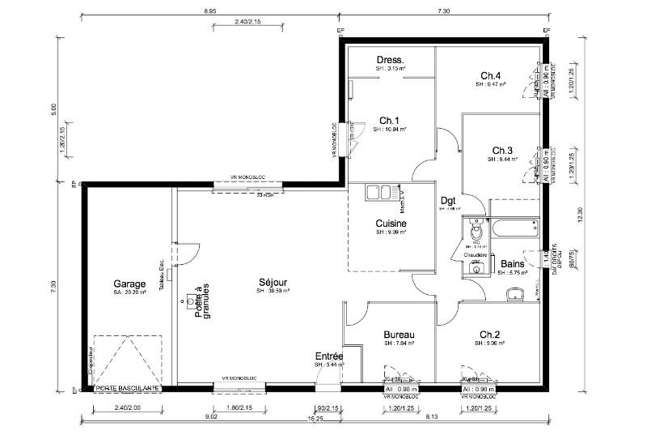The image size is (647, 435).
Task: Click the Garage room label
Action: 129,284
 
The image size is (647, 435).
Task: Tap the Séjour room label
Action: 274,282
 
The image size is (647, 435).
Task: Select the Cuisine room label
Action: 391,224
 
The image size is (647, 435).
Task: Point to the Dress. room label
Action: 391,61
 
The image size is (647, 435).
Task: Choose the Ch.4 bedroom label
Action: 491,75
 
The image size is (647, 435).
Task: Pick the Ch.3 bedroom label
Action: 502,151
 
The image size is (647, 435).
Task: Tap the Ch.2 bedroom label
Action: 490,335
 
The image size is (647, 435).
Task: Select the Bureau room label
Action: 399,335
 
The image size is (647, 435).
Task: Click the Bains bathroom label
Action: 512,264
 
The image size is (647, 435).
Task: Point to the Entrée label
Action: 329,356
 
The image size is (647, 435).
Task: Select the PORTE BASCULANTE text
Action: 128,389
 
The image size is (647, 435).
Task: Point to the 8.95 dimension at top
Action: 209,11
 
